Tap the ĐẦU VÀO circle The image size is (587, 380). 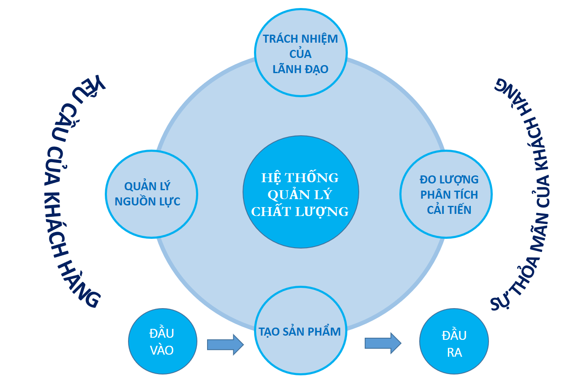point(162,342)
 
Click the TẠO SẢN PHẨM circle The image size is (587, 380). point(300,331)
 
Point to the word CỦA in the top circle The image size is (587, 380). point(300,54)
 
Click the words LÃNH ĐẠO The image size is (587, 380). point(300,69)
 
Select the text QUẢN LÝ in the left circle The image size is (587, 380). point(147,186)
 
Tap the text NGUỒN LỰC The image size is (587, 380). point(147,202)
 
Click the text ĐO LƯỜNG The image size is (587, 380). point(449,180)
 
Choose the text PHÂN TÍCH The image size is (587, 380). point(449,195)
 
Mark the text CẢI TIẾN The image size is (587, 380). point(449,210)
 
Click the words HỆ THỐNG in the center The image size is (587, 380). point(300,178)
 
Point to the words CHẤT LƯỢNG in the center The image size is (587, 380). point(300,211)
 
